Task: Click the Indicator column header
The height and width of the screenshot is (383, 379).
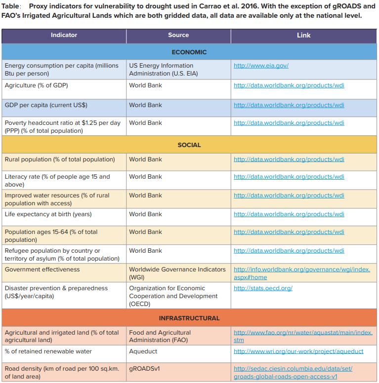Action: click(x=64, y=36)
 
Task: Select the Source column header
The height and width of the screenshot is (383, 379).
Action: click(x=178, y=36)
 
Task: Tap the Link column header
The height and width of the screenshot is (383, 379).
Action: click(x=303, y=36)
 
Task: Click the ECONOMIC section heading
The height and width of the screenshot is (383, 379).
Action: click(x=189, y=52)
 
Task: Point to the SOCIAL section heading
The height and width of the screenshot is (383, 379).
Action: click(x=189, y=145)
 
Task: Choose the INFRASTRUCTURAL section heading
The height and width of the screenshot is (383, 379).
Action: click(x=189, y=318)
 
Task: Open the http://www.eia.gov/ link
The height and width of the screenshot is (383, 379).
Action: click(x=261, y=66)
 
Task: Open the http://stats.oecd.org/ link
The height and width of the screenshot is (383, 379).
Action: click(x=263, y=288)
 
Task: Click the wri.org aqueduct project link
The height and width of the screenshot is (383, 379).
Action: click(x=298, y=351)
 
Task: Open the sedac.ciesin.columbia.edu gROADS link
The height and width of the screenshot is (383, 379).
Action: click(x=293, y=373)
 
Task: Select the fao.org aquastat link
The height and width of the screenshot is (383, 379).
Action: click(x=303, y=337)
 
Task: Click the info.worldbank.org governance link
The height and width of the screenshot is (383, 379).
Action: click(x=301, y=273)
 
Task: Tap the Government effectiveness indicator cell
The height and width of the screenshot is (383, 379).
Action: click(x=42, y=269)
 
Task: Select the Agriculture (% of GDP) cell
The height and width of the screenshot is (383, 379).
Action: click(x=37, y=85)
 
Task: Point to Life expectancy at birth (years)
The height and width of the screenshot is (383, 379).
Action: click(x=48, y=214)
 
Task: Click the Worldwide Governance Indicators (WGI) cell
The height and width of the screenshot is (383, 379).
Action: click(x=177, y=273)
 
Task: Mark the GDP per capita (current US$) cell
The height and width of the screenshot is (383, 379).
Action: click(x=46, y=105)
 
